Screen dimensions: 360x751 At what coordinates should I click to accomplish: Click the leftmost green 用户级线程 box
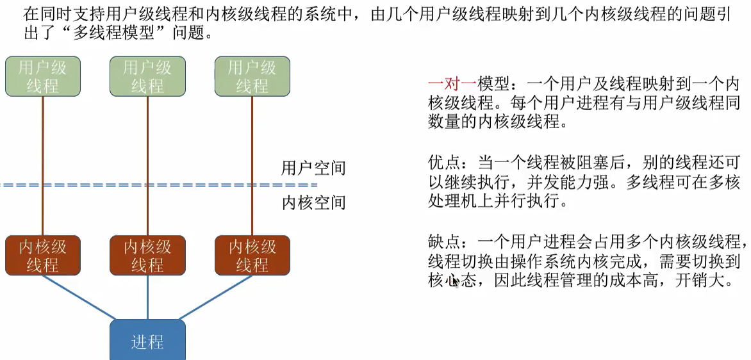pyautogui.click(x=42, y=76)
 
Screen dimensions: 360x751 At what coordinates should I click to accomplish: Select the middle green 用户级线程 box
pyautogui.click(x=147, y=76)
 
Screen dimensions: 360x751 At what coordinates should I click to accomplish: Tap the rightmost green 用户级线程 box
pyautogui.click(x=252, y=76)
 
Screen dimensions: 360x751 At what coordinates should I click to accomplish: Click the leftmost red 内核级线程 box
pyautogui.click(x=42, y=255)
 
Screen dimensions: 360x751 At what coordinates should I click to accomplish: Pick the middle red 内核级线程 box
pyautogui.click(x=147, y=255)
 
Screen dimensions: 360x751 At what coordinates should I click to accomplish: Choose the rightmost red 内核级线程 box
pyautogui.click(x=252, y=255)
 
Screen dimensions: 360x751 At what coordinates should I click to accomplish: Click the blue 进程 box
pyautogui.click(x=147, y=341)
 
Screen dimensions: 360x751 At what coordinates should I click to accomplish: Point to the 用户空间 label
pyautogui.click(x=313, y=168)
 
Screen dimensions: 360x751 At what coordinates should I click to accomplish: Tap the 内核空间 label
pyautogui.click(x=313, y=202)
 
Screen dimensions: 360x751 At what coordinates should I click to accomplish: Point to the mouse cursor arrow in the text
pyautogui.click(x=456, y=281)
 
